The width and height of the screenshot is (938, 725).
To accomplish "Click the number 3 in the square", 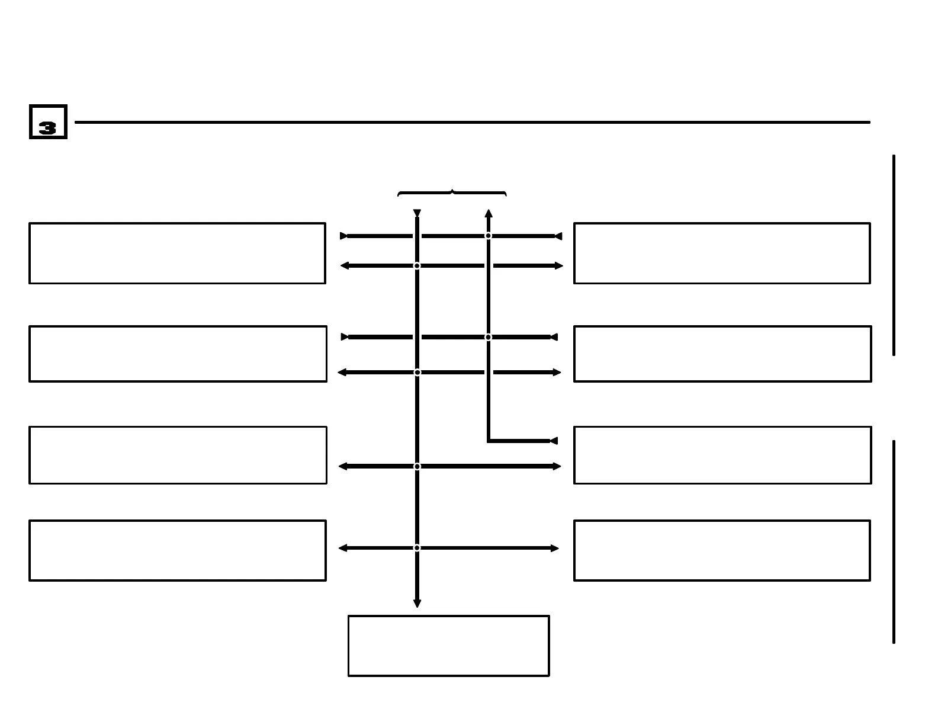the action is click(x=47, y=128).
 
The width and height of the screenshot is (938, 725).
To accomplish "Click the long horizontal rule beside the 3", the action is click(x=472, y=122).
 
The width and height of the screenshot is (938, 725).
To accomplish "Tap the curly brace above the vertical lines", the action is click(x=452, y=193).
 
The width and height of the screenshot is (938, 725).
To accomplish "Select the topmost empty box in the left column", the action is click(x=177, y=253).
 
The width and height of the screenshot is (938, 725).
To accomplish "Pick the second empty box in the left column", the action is click(x=178, y=354).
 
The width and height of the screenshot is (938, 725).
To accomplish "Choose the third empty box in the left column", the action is click(x=178, y=455).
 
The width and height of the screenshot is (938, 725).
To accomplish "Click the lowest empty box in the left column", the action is click(x=177, y=550).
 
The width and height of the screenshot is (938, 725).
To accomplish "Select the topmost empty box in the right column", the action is click(x=722, y=253).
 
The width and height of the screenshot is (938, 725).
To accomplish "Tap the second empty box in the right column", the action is click(x=722, y=354).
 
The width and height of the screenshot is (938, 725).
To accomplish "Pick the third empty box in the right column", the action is click(x=722, y=455).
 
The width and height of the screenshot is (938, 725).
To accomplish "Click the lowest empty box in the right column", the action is click(x=722, y=550).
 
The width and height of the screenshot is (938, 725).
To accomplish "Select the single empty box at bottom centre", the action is click(x=448, y=646).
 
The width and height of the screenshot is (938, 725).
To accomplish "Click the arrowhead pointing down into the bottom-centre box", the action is click(x=417, y=603).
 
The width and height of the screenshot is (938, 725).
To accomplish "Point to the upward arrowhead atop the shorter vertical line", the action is click(x=489, y=213).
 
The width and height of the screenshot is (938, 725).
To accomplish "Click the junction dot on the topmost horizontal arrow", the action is click(x=489, y=236).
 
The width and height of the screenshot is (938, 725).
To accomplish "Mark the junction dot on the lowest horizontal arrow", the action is click(x=417, y=548).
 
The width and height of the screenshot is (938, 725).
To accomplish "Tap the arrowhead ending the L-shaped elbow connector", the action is click(x=554, y=441).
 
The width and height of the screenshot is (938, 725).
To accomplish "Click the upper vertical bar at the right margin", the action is click(x=894, y=255).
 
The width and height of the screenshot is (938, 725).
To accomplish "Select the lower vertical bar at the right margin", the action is click(x=894, y=541).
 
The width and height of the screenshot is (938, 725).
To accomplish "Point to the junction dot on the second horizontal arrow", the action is click(x=417, y=265).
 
